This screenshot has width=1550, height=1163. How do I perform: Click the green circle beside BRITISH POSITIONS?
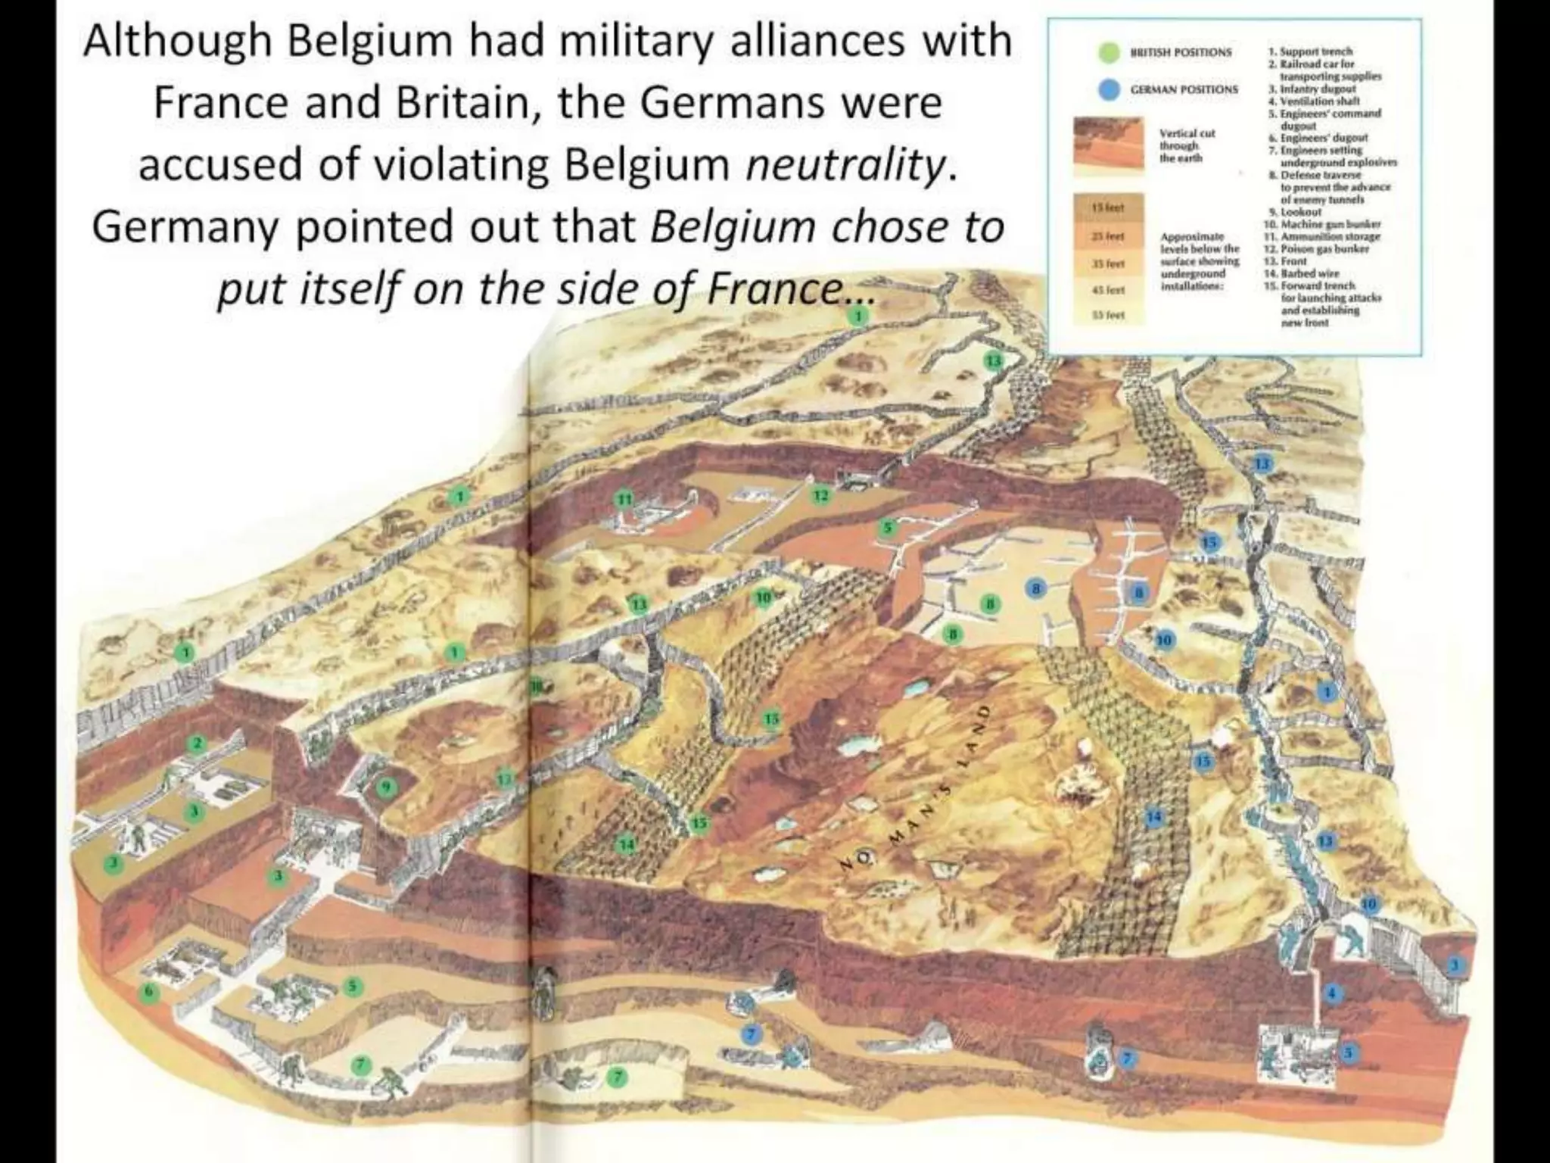coord(1109,52)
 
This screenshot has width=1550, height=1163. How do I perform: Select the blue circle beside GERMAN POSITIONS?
coord(1109,89)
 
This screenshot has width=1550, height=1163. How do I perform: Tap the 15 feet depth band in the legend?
coord(1106,207)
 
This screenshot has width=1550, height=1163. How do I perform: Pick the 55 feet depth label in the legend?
coord(1107,314)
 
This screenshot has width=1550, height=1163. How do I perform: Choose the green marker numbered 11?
coord(624,498)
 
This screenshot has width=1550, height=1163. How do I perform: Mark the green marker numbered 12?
coord(822,496)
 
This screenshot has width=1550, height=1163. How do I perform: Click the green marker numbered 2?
coord(198,744)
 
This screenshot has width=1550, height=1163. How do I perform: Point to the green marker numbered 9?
coord(386,787)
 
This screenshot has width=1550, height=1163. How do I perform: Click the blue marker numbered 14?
coord(1153,816)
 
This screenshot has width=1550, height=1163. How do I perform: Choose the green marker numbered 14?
coord(626,844)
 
